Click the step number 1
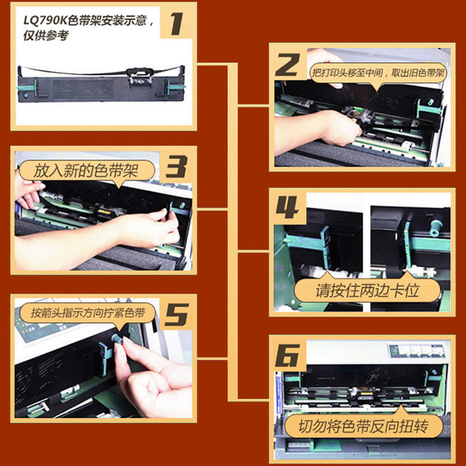[x=177, y=24]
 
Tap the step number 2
[x=288, y=65]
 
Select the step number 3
[x=176, y=167]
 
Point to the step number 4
[x=287, y=207]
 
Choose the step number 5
[x=177, y=315]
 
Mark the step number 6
[x=287, y=355]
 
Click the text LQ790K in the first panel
[x=45, y=21]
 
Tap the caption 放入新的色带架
[x=86, y=171]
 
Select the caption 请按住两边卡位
[x=368, y=290]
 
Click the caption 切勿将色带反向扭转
[x=363, y=426]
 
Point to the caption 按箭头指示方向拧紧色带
[x=88, y=313]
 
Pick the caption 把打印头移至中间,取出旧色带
[x=378, y=72]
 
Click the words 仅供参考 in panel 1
[x=46, y=36]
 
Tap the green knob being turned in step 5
[x=116, y=339]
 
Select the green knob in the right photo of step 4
[x=435, y=227]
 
